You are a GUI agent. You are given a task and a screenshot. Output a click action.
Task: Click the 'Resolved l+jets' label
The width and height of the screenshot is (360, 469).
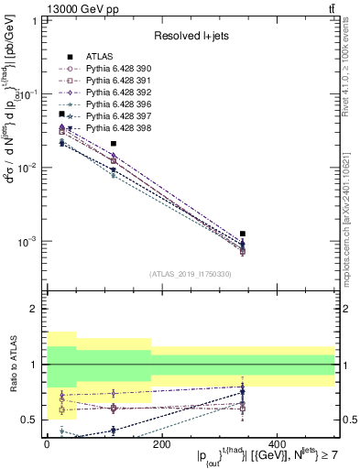[x=190, y=37]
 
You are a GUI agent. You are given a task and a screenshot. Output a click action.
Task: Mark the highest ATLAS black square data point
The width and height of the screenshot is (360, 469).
[x=61, y=114]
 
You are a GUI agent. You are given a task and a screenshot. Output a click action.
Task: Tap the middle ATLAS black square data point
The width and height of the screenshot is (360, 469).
[x=114, y=144]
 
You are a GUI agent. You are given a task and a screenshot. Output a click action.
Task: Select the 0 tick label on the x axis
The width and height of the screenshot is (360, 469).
[x=48, y=444]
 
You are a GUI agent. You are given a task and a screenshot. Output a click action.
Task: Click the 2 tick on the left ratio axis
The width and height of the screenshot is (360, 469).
[x=34, y=310]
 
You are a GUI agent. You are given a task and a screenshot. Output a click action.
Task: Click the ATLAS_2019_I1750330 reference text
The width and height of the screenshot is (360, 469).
[x=190, y=274]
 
